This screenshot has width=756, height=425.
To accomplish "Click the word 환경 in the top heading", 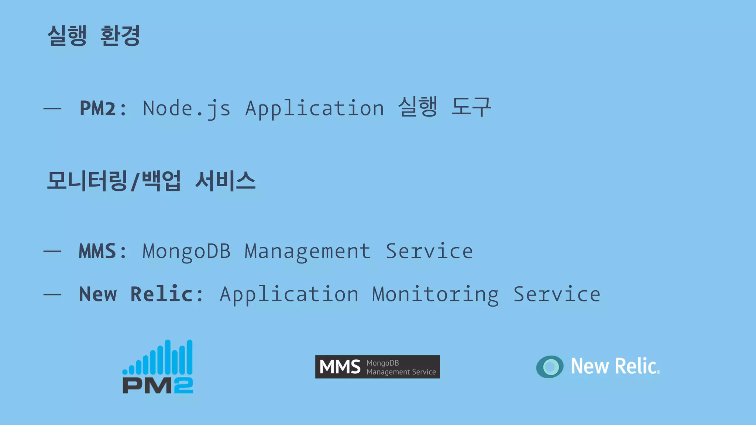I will click(x=120, y=36).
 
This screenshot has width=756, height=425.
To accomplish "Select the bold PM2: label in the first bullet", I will click(x=103, y=108).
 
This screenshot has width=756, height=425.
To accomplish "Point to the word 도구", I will click(x=471, y=107).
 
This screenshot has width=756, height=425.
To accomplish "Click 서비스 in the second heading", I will click(x=225, y=181).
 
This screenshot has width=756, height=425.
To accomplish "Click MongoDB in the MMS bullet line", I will click(x=186, y=252).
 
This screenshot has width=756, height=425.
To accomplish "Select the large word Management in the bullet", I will click(x=307, y=252).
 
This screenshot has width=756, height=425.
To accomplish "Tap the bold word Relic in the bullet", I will click(x=161, y=294).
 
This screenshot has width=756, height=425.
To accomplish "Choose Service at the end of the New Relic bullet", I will click(x=557, y=294).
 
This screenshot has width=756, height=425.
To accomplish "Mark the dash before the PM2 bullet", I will click(x=52, y=108).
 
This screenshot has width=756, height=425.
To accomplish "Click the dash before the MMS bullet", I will click(x=52, y=252).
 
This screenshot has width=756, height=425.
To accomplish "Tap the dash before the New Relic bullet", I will click(x=52, y=294).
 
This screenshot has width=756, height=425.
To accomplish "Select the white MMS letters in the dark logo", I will click(x=340, y=367).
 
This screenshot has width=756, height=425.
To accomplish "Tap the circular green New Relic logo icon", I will click(x=550, y=367).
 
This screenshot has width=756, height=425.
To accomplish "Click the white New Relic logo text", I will click(x=615, y=366).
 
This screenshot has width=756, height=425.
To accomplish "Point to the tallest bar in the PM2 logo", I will click(x=168, y=357).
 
